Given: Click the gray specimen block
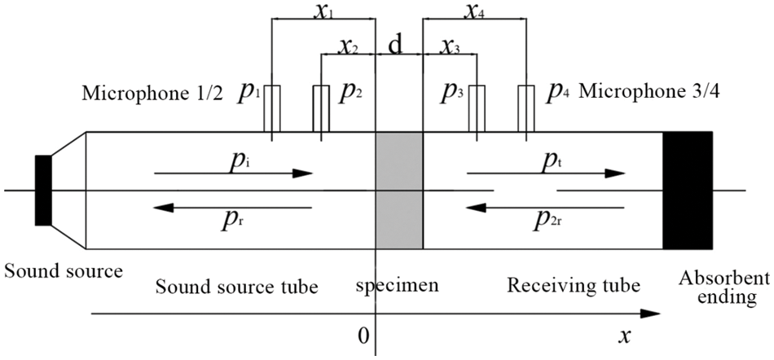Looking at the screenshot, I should (x=399, y=191).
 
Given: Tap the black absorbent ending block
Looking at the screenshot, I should (x=688, y=191).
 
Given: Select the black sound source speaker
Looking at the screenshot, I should (x=43, y=190).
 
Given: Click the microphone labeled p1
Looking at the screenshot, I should (x=272, y=108).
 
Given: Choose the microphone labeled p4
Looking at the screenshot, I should (x=525, y=108).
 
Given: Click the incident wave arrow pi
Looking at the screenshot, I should (x=232, y=173).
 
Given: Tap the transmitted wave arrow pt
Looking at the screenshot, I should (x=546, y=173).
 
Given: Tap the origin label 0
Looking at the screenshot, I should (x=364, y=335).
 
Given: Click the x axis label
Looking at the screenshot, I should (x=625, y=335).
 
